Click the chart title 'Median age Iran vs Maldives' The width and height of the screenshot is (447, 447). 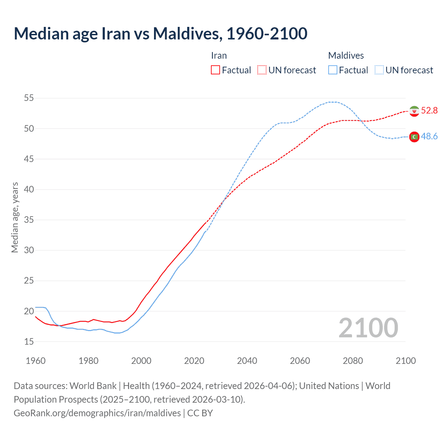(x=160, y=34)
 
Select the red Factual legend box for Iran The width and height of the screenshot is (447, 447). (x=215, y=70)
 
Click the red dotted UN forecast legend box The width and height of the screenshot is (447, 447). (x=262, y=70)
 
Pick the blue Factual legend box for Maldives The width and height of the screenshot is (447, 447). (x=332, y=70)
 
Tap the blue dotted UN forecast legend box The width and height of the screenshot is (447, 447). (x=379, y=70)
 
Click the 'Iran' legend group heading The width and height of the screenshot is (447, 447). (x=219, y=56)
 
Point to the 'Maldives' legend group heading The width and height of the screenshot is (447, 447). (x=346, y=56)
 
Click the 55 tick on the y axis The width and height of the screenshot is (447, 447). (x=29, y=98)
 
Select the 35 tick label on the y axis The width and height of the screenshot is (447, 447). (x=29, y=220)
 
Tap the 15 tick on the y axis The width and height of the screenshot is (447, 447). (x=29, y=342)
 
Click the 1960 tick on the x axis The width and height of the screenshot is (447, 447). (x=36, y=361)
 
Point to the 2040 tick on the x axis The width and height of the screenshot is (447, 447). (x=247, y=361)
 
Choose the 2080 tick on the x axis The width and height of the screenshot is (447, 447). (x=353, y=361)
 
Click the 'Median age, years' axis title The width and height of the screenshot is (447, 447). (x=15, y=217)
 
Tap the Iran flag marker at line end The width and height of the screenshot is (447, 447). (x=414, y=111)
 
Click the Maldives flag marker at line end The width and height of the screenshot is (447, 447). (x=414, y=137)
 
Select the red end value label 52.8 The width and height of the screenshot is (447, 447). (x=429, y=111)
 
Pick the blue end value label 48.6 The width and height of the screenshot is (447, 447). (x=429, y=137)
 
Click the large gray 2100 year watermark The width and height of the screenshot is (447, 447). (x=368, y=328)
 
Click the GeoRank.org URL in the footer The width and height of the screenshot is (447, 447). (x=97, y=413)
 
